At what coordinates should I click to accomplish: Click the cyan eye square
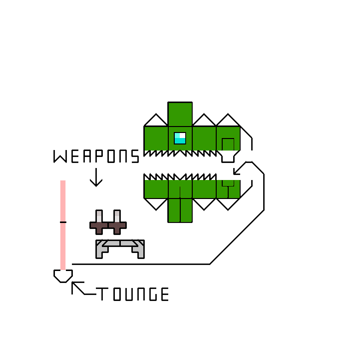click(x=180, y=138)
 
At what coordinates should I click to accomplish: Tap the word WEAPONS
click(x=96, y=156)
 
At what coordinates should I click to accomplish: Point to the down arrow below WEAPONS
click(x=96, y=178)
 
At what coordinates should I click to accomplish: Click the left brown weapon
click(x=99, y=223)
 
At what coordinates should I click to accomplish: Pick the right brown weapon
click(x=117, y=223)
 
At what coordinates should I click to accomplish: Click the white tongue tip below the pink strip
click(x=63, y=275)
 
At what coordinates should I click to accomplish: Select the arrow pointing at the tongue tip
click(x=79, y=288)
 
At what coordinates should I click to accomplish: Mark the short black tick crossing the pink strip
click(x=63, y=221)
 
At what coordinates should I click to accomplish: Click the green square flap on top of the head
click(x=180, y=114)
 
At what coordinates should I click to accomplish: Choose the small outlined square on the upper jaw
click(x=228, y=144)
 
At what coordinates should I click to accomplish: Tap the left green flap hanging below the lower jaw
click(x=174, y=210)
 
